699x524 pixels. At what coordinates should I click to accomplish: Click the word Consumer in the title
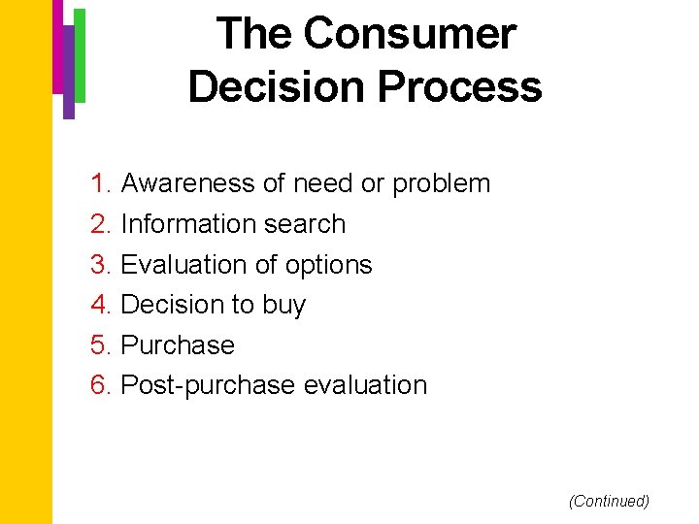click(x=410, y=35)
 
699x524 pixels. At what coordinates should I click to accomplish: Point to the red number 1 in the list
click(x=100, y=183)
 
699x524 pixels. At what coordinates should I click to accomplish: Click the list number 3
click(x=101, y=265)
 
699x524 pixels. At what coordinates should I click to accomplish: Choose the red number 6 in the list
click(x=101, y=385)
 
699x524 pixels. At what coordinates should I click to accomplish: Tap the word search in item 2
click(x=310, y=224)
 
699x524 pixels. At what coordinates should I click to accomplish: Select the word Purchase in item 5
click(x=178, y=345)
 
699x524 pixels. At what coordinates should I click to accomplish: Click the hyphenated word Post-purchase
click(x=208, y=385)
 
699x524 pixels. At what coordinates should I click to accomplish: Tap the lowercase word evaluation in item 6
click(x=365, y=385)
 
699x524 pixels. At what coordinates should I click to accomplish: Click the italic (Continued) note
click(x=609, y=501)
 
